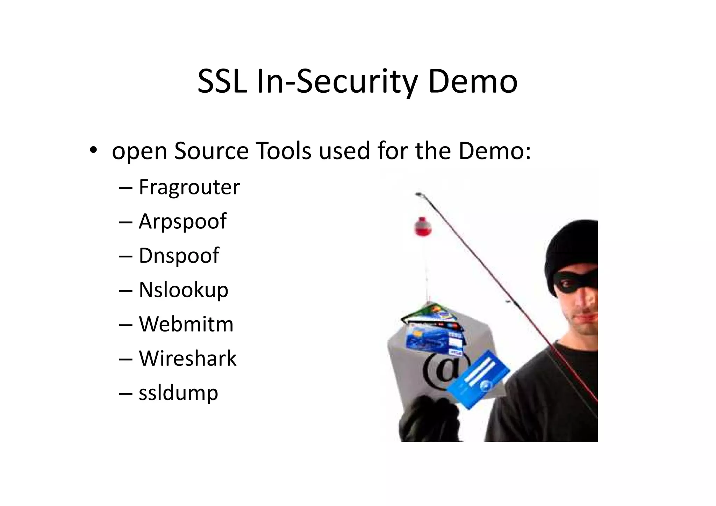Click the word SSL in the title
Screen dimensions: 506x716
pos(222,82)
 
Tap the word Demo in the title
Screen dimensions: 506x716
pos(472,82)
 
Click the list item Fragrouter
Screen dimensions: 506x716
pos(189,187)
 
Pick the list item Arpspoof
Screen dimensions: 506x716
pos(182,221)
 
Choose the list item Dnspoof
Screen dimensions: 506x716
pos(179,255)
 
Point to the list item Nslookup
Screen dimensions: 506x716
pos(183,290)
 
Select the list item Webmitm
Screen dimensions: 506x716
pos(186,324)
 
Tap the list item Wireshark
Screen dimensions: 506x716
pos(187,358)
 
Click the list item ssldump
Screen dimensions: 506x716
pos(178,392)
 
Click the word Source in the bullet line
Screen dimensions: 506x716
pos(211,151)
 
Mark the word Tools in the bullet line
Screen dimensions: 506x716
pos(283,151)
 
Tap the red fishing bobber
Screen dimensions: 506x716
pos(423,227)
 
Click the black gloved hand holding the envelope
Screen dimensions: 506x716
pos(430,420)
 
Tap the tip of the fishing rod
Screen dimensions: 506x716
pos(418,193)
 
